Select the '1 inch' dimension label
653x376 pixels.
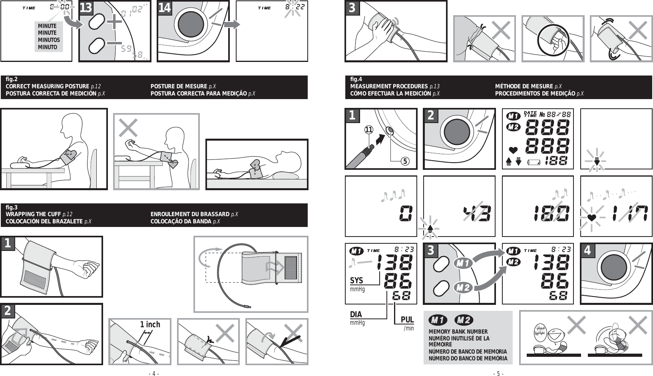click(150, 324)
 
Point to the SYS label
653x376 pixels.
click(357, 281)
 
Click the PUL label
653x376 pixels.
click(407, 320)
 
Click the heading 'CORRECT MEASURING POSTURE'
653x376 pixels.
click(47, 86)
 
